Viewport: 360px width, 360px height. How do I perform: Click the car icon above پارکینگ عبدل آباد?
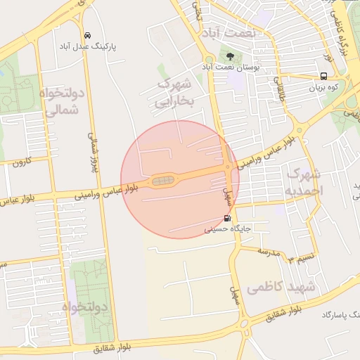pos(86,35)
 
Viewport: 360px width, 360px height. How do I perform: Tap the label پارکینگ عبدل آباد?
pos(87,46)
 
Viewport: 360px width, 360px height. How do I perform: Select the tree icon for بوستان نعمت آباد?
pos(229,55)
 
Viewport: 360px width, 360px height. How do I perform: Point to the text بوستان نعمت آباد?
pos(232,66)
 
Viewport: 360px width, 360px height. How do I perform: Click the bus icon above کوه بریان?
pos(323,77)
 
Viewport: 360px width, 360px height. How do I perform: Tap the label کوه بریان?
pos(323,88)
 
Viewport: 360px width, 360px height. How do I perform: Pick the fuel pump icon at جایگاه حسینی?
pos(226,218)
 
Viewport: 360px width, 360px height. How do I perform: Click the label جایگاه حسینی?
pos(227,229)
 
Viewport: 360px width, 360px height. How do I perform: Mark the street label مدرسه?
pos(268,250)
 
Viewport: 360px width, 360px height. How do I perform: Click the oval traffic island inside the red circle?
pos(163,181)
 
